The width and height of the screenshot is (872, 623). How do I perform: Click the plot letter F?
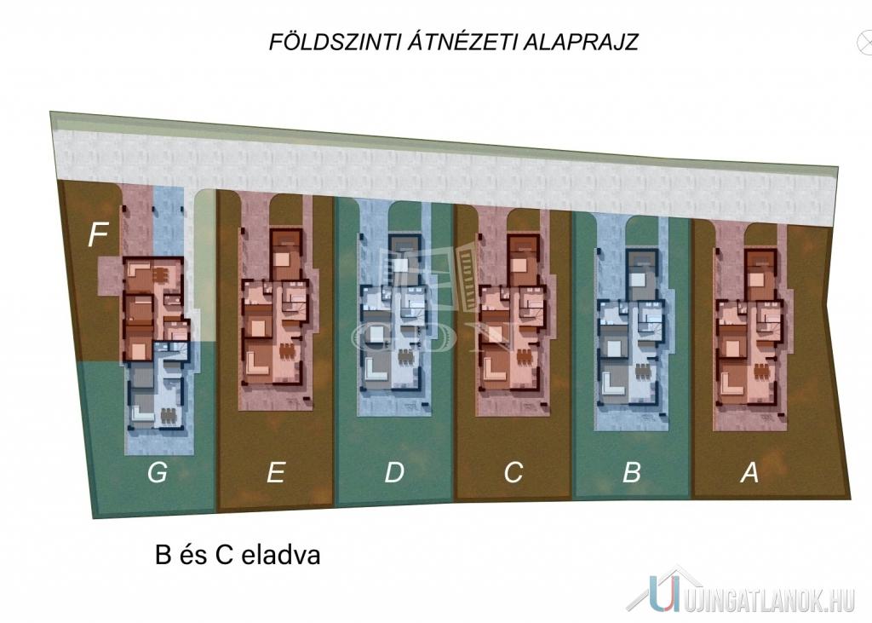[98, 234]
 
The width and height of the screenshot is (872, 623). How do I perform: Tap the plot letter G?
[158, 472]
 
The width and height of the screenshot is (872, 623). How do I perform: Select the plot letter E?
[276, 472]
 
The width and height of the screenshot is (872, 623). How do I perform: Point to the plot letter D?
[394, 472]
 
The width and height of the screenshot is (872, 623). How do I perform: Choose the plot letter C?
[513, 472]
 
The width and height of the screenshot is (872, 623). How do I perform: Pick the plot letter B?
[632, 472]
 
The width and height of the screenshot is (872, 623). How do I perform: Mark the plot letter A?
[749, 472]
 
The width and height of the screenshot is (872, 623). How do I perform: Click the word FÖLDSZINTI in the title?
[335, 42]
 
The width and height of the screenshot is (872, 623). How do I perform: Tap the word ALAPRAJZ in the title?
[581, 43]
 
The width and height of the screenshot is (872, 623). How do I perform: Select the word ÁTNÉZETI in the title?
[462, 42]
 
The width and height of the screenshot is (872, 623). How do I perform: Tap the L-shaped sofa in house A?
[730, 383]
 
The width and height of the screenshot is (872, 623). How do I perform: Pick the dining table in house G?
[168, 415]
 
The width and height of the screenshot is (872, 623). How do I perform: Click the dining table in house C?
[525, 356]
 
